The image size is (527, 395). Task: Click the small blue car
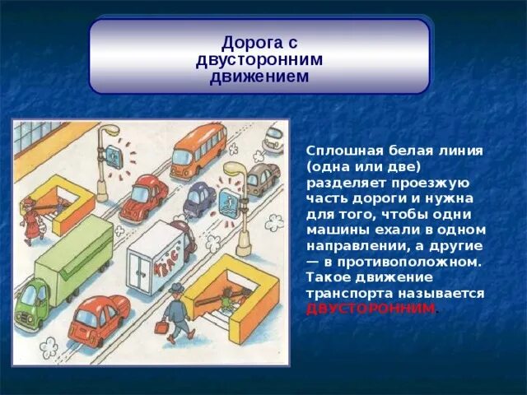tap(199, 198)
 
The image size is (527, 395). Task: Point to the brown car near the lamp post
tap(262, 178)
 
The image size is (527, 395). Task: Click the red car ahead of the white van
tap(144, 197)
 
